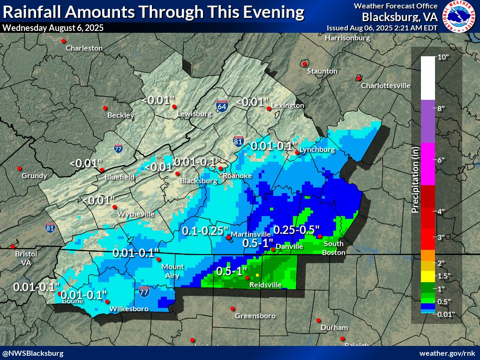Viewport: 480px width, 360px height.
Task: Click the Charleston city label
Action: pos(84,48)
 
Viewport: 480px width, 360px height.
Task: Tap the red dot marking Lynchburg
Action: pos(297,152)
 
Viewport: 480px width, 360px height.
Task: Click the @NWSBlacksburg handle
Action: pos(32,352)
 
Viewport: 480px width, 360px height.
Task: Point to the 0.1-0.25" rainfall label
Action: pos(205,231)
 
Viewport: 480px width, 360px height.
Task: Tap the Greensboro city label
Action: pos(255,316)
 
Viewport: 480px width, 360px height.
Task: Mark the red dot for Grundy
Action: pos(20,168)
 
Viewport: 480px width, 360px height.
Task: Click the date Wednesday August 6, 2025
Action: pos(53,28)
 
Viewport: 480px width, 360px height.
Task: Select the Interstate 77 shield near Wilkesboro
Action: pos(144,292)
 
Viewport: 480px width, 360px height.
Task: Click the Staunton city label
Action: pos(322,71)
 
